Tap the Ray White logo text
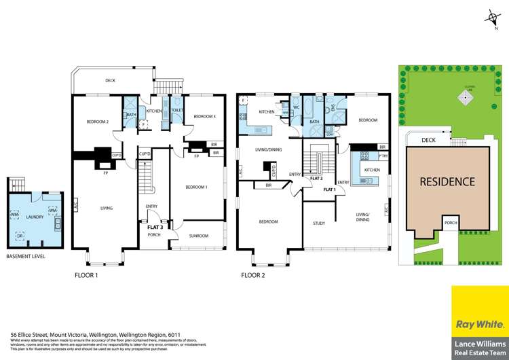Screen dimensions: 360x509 [479, 321]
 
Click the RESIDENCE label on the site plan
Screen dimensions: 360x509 [447, 182]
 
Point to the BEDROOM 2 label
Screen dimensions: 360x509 [98, 122]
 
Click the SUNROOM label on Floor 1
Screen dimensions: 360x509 [198, 236]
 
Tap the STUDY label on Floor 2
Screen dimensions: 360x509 [319, 223]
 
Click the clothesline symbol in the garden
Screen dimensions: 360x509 [466, 96]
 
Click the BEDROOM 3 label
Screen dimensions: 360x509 [204, 117]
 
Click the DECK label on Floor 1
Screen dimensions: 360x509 [111, 80]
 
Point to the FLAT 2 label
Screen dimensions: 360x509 [316, 178]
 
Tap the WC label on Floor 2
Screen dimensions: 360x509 [297, 107]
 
